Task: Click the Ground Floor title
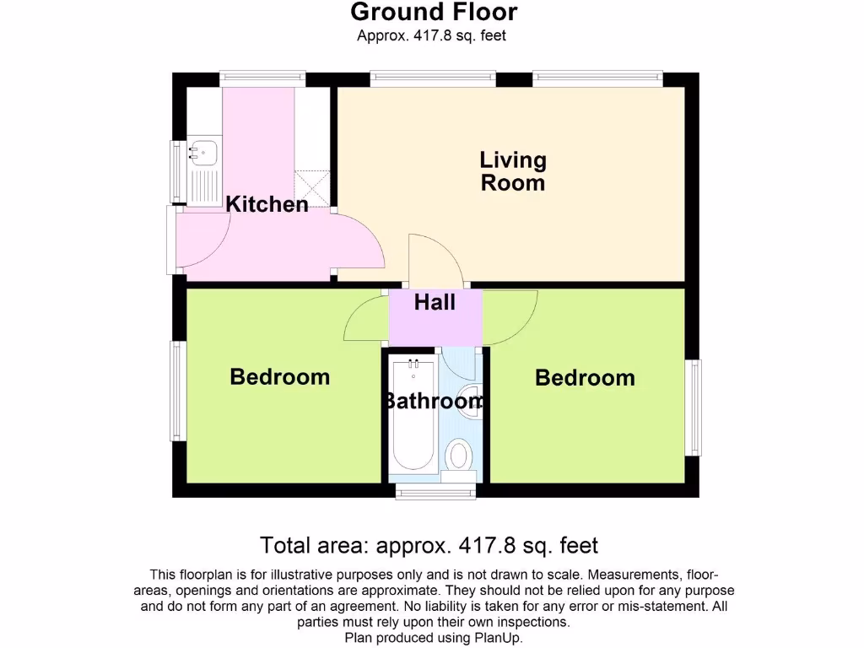[x=434, y=13]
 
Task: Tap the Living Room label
[x=513, y=171]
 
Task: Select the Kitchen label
[x=267, y=204]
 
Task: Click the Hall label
[x=435, y=302]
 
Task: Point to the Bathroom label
[x=434, y=401]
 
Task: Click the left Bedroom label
[x=279, y=376]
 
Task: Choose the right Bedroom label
[x=585, y=377]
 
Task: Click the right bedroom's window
[x=693, y=407]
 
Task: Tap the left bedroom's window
[x=177, y=391]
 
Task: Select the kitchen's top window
[x=263, y=78]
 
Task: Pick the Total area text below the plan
[x=429, y=544]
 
